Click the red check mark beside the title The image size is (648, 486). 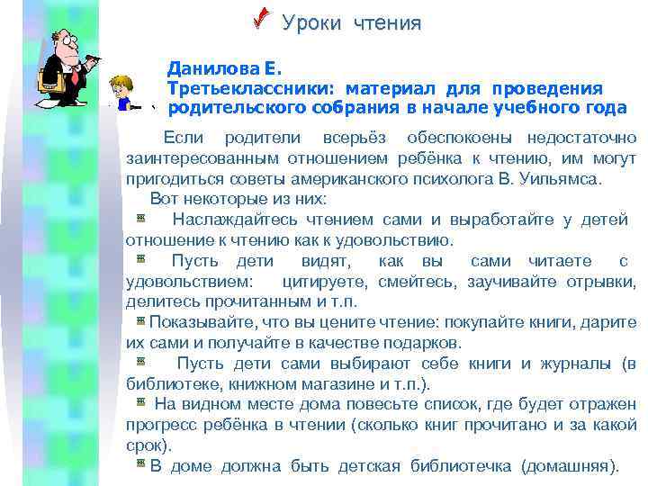coord(261,19)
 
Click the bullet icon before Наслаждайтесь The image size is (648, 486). coord(141,219)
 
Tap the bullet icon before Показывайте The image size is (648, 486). coord(141,321)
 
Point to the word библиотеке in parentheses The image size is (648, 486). coord(167,384)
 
